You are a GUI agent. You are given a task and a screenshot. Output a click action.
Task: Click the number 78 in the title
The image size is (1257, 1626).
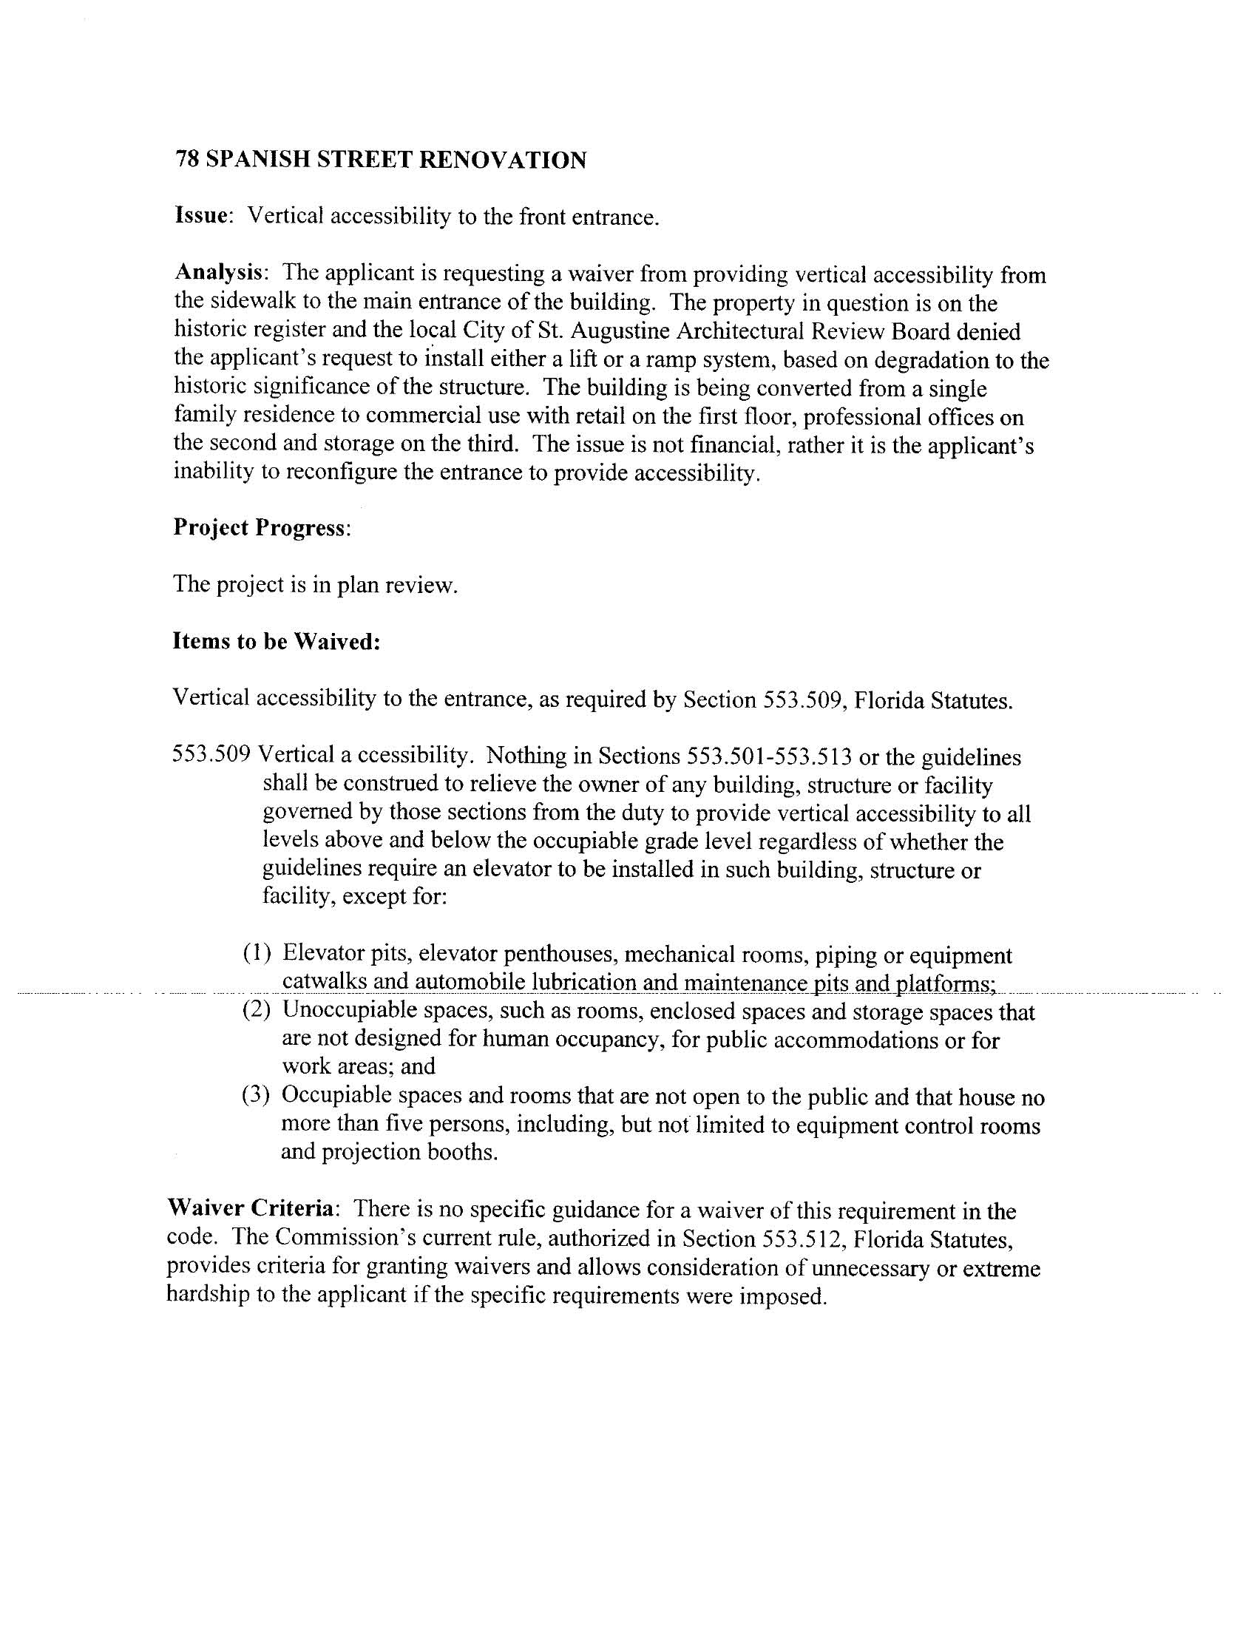click(187, 160)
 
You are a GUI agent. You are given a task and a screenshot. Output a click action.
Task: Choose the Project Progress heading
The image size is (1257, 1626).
click(260, 527)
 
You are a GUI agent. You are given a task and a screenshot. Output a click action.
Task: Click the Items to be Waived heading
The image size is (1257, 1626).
click(277, 641)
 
